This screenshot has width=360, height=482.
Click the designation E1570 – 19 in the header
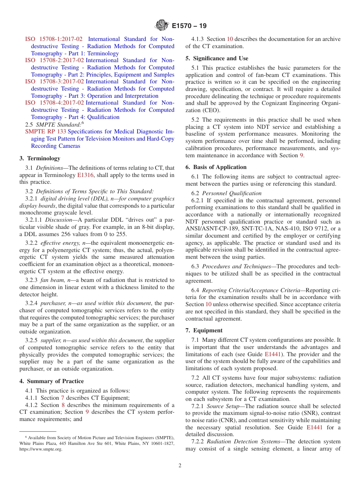click(x=189, y=26)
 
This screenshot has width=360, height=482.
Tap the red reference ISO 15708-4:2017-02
click(x=55, y=103)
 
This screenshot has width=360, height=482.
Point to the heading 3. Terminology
click(x=40, y=158)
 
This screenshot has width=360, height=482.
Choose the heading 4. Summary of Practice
click(x=52, y=381)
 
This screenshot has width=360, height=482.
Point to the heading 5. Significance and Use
click(x=217, y=58)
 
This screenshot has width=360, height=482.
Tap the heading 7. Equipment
click(x=204, y=330)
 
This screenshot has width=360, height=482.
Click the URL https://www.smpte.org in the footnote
click(x=41, y=449)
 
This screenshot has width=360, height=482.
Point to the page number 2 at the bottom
click(x=180, y=466)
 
